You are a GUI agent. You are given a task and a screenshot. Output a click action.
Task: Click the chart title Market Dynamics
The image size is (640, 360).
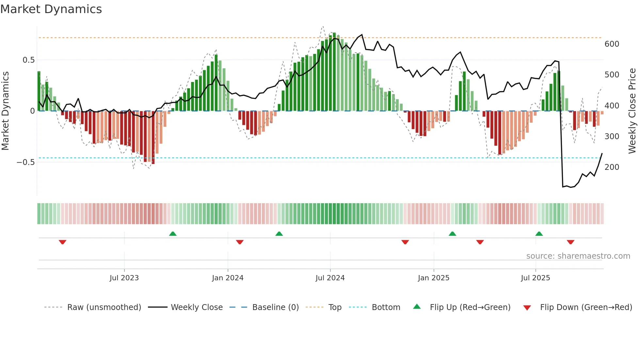pyautogui.click(x=51, y=9)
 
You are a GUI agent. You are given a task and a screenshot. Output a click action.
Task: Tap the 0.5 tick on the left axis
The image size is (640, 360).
pyautogui.click(x=28, y=60)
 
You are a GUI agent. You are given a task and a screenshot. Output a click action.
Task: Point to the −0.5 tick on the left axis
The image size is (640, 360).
pyautogui.click(x=25, y=162)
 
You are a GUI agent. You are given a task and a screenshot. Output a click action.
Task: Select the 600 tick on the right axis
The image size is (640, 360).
pyautogui.click(x=612, y=44)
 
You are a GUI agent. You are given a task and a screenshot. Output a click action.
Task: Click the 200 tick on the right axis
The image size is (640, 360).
pyautogui.click(x=612, y=167)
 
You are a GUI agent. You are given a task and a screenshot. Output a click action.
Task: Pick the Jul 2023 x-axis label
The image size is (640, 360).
pyautogui.click(x=124, y=278)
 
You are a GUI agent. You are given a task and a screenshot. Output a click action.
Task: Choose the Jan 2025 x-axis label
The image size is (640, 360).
pyautogui.click(x=433, y=278)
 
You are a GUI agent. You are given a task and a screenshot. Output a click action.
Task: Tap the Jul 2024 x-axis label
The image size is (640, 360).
pyautogui.click(x=330, y=278)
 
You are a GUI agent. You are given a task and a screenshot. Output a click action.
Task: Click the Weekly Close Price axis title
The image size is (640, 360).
pyautogui.click(x=632, y=111)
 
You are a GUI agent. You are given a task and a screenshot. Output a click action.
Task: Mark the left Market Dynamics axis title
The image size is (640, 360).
pyautogui.click(x=5, y=111)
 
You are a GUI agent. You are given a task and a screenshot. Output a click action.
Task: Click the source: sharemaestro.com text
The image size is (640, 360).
pyautogui.click(x=578, y=256)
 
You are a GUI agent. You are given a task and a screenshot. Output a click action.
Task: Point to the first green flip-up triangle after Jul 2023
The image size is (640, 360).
pyautogui.click(x=173, y=234)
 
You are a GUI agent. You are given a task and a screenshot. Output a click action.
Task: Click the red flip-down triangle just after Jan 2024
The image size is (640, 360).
pyautogui.click(x=240, y=242)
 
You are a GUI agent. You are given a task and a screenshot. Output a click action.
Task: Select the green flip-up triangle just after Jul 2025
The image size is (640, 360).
pyautogui.click(x=539, y=234)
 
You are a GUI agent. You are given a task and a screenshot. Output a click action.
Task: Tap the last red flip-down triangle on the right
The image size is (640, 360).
pyautogui.click(x=570, y=242)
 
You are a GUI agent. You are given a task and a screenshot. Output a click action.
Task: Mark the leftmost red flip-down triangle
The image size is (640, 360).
pyautogui.click(x=63, y=242)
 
